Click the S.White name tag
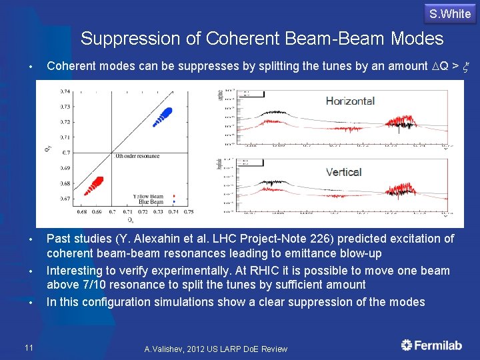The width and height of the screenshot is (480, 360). (450, 14)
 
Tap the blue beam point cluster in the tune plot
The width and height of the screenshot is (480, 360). (163, 116)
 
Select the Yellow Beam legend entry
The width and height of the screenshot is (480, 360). (148, 196)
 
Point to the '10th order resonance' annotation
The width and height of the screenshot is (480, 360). (137, 156)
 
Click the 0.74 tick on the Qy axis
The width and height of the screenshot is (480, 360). (65, 91)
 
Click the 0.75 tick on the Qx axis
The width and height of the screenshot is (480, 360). (189, 212)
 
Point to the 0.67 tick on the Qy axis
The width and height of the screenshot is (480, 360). (65, 199)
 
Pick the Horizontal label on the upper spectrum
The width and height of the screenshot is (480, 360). (350, 101)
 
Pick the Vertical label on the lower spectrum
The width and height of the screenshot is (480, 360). (343, 172)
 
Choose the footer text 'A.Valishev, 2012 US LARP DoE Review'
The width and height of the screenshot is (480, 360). (216, 349)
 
